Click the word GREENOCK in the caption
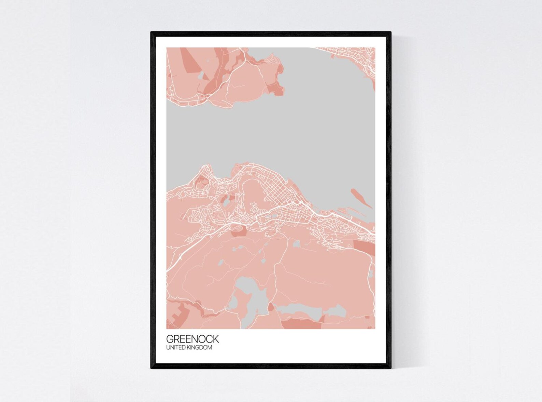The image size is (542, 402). pos(192,339)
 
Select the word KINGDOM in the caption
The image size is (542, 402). pos(201,348)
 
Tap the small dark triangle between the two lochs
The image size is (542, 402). pos(271,307)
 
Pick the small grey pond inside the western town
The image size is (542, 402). pos(226,203)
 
